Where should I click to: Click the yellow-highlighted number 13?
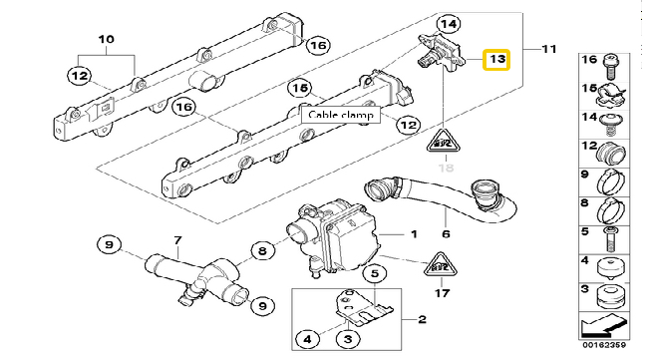pyautogui.click(x=496, y=60)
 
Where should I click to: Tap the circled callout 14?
pyautogui.click(x=449, y=24)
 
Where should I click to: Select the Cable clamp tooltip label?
pyautogui.click(x=340, y=115)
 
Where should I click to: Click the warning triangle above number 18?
pyautogui.click(x=444, y=141)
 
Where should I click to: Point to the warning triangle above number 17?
pyautogui.click(x=441, y=265)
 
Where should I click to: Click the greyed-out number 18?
pyautogui.click(x=446, y=168)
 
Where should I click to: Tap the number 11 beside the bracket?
pyautogui.click(x=549, y=49)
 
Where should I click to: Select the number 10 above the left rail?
pyautogui.click(x=106, y=39)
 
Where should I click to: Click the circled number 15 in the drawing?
pyautogui.click(x=300, y=88)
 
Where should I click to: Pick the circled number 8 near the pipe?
pyautogui.click(x=263, y=250)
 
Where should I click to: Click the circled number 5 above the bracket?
pyautogui.click(x=374, y=273)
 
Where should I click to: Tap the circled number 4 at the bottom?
pyautogui.click(x=307, y=339)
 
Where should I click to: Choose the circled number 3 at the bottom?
pyautogui.click(x=348, y=339)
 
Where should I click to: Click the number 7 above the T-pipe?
pyautogui.click(x=177, y=240)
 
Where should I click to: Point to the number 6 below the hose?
pyautogui.click(x=446, y=233)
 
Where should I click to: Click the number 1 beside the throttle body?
pyautogui.click(x=414, y=234)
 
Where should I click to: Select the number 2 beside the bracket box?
pyautogui.click(x=422, y=319)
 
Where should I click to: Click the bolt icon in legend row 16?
pyautogui.click(x=610, y=67)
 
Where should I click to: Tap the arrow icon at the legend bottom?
pyautogui.click(x=603, y=326)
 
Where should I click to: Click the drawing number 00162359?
pyautogui.click(x=604, y=345)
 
